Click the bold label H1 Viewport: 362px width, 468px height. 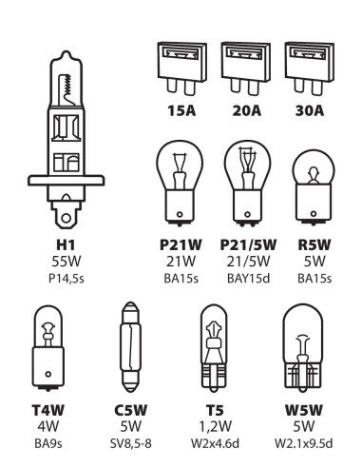click(x=66, y=244)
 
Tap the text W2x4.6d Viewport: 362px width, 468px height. click(x=215, y=441)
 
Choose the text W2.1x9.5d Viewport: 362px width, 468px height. click(x=303, y=441)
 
